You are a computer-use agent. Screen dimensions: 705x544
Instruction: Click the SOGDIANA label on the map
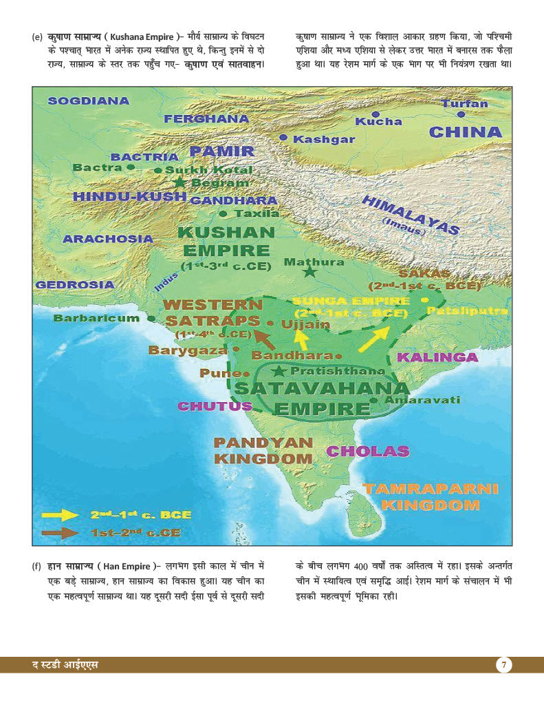tap(88, 101)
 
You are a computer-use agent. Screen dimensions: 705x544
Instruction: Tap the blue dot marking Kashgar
tap(283, 138)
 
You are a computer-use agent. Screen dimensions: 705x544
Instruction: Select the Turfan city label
tap(464, 104)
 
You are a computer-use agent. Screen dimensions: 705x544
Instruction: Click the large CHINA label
tap(465, 131)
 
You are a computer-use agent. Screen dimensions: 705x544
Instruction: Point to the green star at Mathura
tap(310, 272)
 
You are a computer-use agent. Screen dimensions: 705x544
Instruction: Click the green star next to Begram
tap(180, 182)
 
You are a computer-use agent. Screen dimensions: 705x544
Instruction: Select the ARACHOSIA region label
tap(108, 239)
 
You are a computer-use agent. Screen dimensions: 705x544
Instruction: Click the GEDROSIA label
tap(75, 284)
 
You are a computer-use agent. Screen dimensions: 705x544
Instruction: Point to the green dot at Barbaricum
tap(151, 319)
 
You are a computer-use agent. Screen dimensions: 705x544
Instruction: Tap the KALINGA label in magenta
tap(437, 357)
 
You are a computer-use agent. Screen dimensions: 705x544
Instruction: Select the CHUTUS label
tap(215, 406)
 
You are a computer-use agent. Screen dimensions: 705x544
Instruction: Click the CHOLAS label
tap(367, 452)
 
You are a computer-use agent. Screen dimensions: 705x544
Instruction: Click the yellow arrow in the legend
tap(60, 514)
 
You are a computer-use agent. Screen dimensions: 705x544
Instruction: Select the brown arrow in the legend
tap(60, 532)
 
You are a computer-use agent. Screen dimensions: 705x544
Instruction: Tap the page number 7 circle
tap(504, 665)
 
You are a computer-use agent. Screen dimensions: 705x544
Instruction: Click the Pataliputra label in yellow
tap(468, 311)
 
